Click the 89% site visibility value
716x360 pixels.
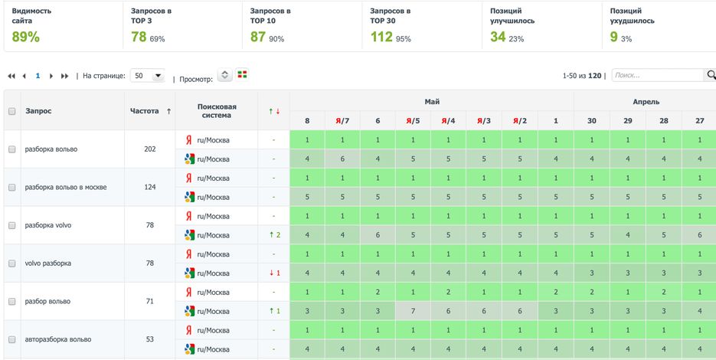[x=25, y=37]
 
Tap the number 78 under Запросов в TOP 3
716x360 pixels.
[x=139, y=37]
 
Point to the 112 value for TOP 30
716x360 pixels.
[x=381, y=37]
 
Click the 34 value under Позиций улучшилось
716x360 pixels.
[x=498, y=37]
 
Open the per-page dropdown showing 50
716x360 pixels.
[x=148, y=76]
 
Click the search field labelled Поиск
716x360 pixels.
[x=657, y=75]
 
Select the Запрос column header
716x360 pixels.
[x=38, y=111]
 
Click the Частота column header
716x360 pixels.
[x=145, y=111]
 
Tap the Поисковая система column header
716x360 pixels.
[x=217, y=111]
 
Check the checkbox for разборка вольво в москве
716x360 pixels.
[x=12, y=187]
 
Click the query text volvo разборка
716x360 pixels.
[x=47, y=263]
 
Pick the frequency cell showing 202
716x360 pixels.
[x=149, y=149]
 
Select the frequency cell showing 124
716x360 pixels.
[x=149, y=187]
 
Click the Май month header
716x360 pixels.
[x=432, y=101]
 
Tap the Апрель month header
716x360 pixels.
[x=646, y=101]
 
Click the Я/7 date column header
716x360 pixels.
[x=342, y=121]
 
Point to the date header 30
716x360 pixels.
[x=591, y=121]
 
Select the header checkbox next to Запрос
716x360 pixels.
[x=12, y=111]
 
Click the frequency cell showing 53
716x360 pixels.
[x=149, y=339]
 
